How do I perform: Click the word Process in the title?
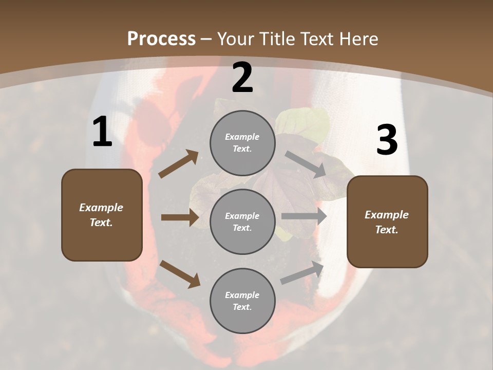point(161,39)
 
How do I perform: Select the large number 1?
point(102,132)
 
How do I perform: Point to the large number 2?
point(242,78)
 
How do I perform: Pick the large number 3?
point(387,140)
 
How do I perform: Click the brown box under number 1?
point(102,215)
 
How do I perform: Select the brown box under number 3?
point(387,221)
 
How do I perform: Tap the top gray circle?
point(242,143)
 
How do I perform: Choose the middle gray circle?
point(242,221)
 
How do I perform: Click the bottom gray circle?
point(242,301)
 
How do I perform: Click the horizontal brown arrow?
point(180,217)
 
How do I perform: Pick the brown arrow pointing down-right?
point(180,273)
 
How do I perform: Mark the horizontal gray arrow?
point(304,216)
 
